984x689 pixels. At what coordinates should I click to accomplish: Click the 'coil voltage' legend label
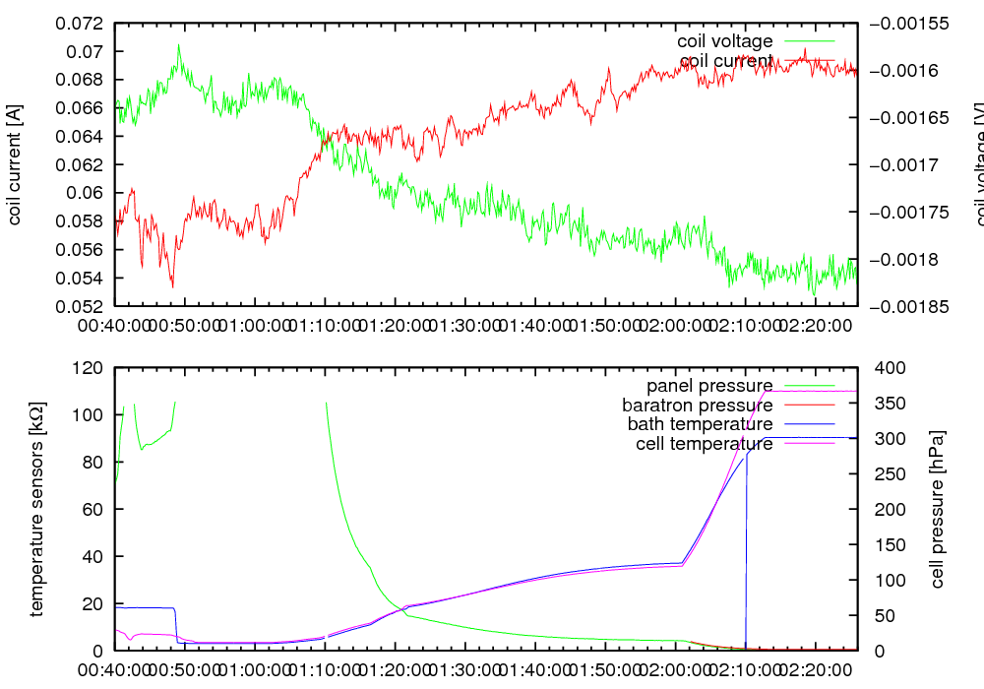[x=724, y=41]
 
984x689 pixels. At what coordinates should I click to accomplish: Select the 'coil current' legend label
[x=726, y=61]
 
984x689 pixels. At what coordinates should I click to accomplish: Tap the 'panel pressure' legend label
[x=708, y=385]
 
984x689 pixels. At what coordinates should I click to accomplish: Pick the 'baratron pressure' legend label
[x=697, y=405]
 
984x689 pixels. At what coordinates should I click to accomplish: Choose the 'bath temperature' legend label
[x=700, y=424]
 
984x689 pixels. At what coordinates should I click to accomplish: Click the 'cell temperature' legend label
[x=704, y=444]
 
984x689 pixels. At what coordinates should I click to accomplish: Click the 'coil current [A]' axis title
[x=16, y=164]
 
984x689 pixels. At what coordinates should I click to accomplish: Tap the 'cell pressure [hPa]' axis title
[x=937, y=510]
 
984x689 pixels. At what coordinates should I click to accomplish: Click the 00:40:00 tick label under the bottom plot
[x=116, y=669]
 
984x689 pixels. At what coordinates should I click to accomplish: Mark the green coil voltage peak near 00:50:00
[x=179, y=45]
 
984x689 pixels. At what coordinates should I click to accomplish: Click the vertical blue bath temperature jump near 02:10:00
[x=746, y=551]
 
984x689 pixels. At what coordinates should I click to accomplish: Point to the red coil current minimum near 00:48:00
[x=173, y=285]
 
